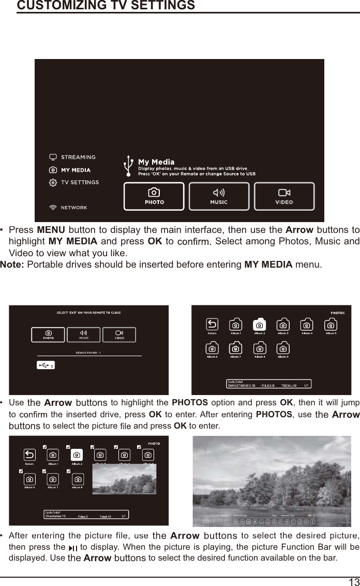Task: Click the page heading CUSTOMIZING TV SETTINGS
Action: point(106,6)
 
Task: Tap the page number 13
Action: point(354,581)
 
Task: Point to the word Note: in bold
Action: point(12,265)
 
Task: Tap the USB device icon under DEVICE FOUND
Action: point(45,365)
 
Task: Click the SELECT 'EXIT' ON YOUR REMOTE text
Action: point(88,313)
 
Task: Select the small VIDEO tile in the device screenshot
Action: point(119,334)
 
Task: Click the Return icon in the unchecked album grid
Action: point(212,326)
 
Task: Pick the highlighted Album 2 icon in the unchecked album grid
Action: point(260,325)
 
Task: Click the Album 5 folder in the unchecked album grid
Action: point(331,326)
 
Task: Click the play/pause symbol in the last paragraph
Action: point(73,548)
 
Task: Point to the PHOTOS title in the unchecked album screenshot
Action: point(337,313)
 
